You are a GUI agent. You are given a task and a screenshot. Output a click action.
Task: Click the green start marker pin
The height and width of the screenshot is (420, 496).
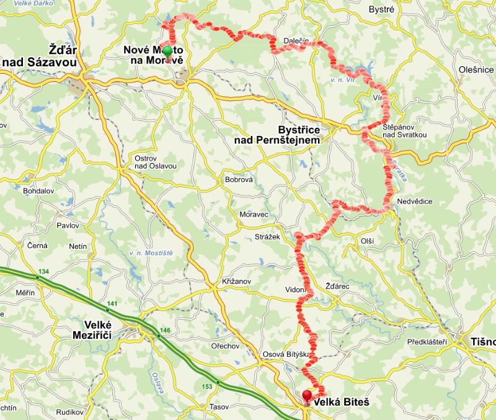(x=167, y=51)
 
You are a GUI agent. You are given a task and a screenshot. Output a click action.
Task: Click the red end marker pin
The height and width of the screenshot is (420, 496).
(x=307, y=395)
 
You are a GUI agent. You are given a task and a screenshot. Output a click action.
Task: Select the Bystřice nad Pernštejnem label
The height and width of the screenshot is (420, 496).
(x=277, y=135)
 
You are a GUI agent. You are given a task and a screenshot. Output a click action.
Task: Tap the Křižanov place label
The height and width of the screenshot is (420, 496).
(x=236, y=282)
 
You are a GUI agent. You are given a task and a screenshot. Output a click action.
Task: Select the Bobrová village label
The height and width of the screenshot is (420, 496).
(x=239, y=180)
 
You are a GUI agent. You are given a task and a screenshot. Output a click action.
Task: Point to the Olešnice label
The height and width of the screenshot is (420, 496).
(x=476, y=70)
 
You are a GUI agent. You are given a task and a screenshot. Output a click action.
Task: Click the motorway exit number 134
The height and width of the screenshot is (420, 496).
(x=43, y=272)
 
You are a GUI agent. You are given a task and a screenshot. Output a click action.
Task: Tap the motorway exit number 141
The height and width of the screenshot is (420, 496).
(x=112, y=303)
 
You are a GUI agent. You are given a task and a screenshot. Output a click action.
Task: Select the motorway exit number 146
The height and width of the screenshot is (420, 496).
(x=165, y=330)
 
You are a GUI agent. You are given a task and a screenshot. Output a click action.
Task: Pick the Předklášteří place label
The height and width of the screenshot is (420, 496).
(x=428, y=342)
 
